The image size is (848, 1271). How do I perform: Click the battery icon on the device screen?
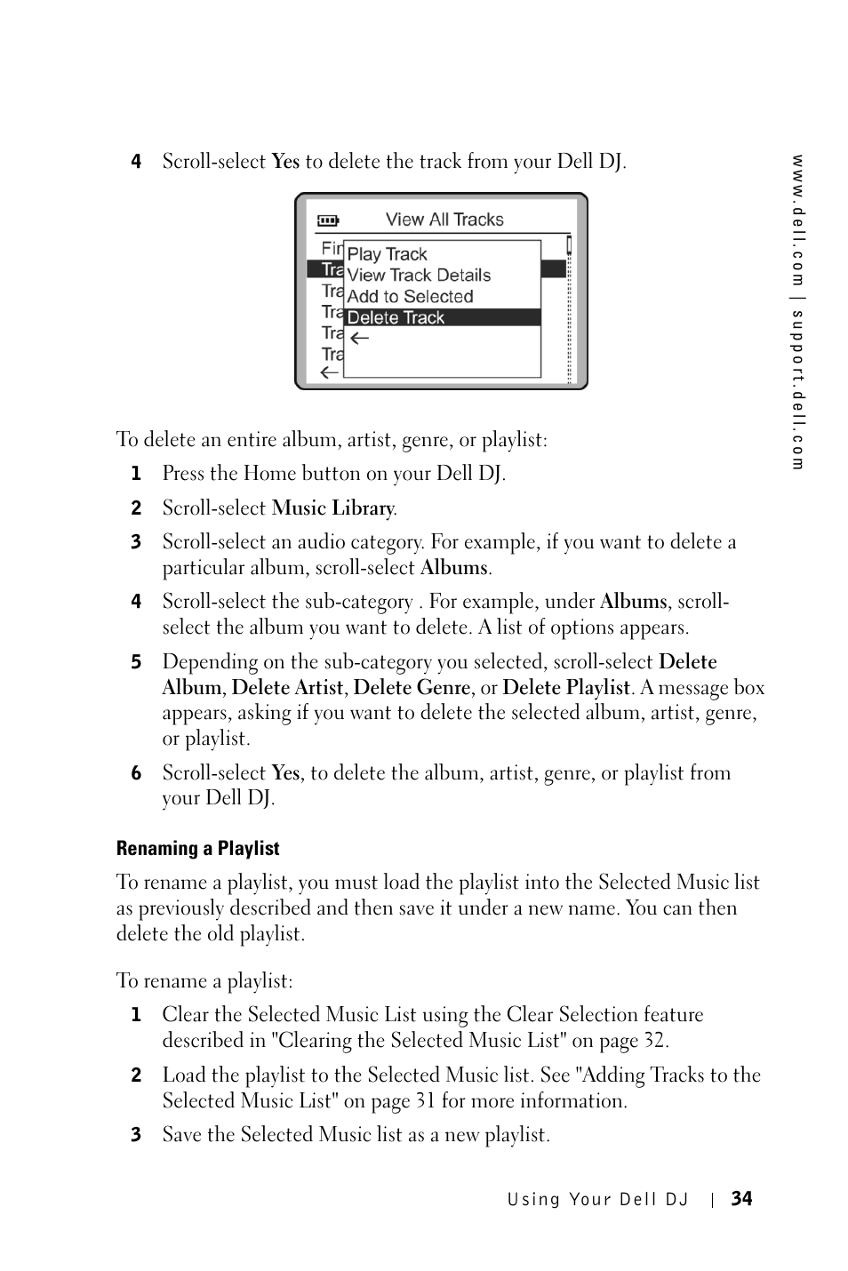(x=328, y=220)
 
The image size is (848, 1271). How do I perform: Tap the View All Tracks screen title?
(x=444, y=220)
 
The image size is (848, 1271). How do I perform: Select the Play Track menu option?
(x=387, y=254)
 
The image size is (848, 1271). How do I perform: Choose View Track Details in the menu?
(x=419, y=276)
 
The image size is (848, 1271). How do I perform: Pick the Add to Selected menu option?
(x=410, y=297)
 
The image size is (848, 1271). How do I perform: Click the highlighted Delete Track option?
(x=396, y=318)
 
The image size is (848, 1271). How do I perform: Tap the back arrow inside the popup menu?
(x=358, y=339)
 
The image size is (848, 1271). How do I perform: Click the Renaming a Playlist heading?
(x=197, y=849)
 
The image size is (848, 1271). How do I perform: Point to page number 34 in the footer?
(x=741, y=1199)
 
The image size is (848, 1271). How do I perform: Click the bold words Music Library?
(x=332, y=508)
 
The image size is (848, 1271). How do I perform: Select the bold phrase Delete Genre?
(x=412, y=688)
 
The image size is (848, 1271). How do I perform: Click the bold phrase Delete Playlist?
(x=566, y=688)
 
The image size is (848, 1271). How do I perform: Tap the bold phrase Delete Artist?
(x=287, y=688)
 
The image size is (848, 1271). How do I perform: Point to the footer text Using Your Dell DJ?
(x=598, y=1200)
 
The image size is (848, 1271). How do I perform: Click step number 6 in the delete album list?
(x=136, y=773)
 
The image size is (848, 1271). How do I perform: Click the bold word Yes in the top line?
(x=285, y=162)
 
